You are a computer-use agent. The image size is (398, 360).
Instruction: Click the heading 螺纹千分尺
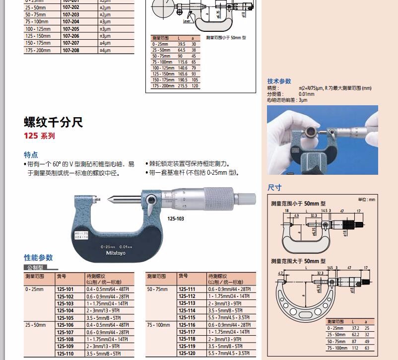[x=53, y=122]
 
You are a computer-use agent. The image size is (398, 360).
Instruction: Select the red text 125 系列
[x=39, y=136]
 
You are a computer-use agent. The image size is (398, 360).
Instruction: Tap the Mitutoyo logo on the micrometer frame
[x=116, y=253]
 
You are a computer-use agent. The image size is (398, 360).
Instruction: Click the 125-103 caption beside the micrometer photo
[x=176, y=217]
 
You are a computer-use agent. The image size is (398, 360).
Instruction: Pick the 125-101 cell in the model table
[x=65, y=289]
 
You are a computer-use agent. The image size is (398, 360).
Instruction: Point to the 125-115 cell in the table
[x=187, y=317]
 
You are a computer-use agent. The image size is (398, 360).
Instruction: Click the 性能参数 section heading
[x=38, y=258]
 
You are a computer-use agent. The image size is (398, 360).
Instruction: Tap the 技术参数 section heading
[x=279, y=81]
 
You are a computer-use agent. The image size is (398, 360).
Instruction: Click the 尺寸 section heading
[x=274, y=188]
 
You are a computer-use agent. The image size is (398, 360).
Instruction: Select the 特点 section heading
[x=31, y=154]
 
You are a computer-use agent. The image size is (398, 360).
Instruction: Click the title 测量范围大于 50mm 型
[x=298, y=261]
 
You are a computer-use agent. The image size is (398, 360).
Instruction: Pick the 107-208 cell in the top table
[x=70, y=50]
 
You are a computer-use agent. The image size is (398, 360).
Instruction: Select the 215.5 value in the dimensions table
[x=182, y=86]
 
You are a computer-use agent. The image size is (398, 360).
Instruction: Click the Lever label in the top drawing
[x=187, y=21]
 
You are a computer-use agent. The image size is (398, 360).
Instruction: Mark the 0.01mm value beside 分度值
[x=306, y=94]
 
